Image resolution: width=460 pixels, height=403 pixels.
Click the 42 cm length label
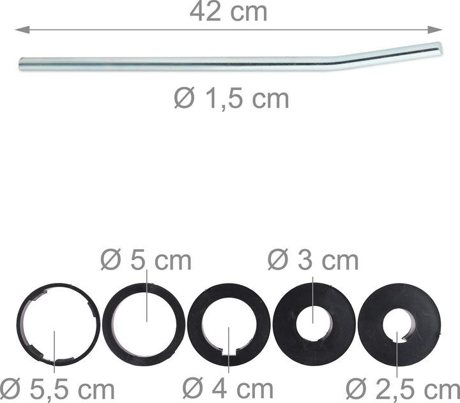coord(228,12)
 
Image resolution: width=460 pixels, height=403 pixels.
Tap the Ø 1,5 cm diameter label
coord(231,99)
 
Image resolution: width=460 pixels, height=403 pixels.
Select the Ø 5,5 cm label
coord(57,388)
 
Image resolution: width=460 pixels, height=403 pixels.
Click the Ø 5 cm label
coord(146,260)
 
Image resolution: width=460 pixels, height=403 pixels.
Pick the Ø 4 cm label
coord(227,388)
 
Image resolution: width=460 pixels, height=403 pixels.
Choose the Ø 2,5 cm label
coord(402,388)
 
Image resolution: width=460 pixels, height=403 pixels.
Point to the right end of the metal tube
coord(439,47)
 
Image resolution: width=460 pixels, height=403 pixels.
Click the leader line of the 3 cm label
coord(312,294)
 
